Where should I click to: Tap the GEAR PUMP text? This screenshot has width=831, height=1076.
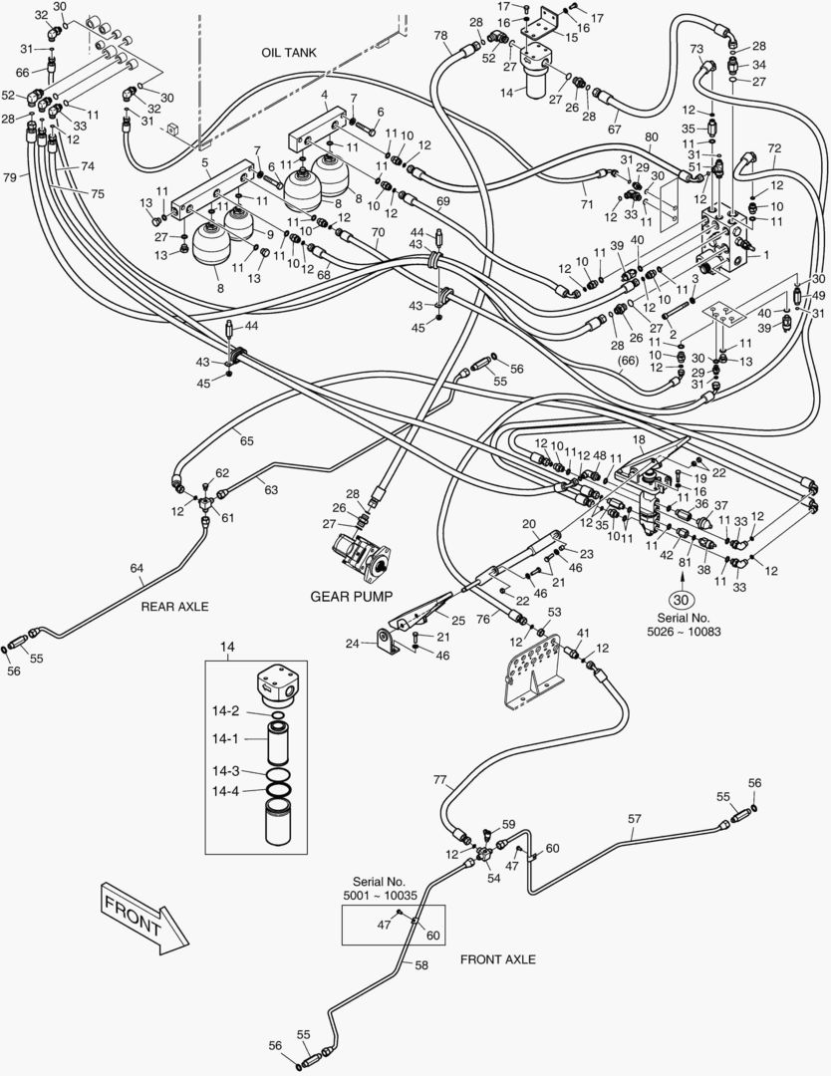pyautogui.click(x=350, y=596)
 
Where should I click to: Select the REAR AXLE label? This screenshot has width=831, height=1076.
pyautogui.click(x=174, y=606)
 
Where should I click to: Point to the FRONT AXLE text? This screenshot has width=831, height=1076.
pyautogui.click(x=497, y=959)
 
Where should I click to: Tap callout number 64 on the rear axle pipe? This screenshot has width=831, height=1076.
pyautogui.click(x=137, y=568)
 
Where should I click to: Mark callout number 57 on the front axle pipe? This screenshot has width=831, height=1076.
pyautogui.click(x=635, y=818)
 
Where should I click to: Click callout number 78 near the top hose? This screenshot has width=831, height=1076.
pyautogui.click(x=440, y=36)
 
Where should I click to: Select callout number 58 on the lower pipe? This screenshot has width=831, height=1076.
pyautogui.click(x=421, y=965)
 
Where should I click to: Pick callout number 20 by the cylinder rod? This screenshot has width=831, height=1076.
pyautogui.click(x=529, y=523)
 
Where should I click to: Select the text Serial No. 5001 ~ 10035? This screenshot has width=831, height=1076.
pyautogui.click(x=380, y=889)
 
